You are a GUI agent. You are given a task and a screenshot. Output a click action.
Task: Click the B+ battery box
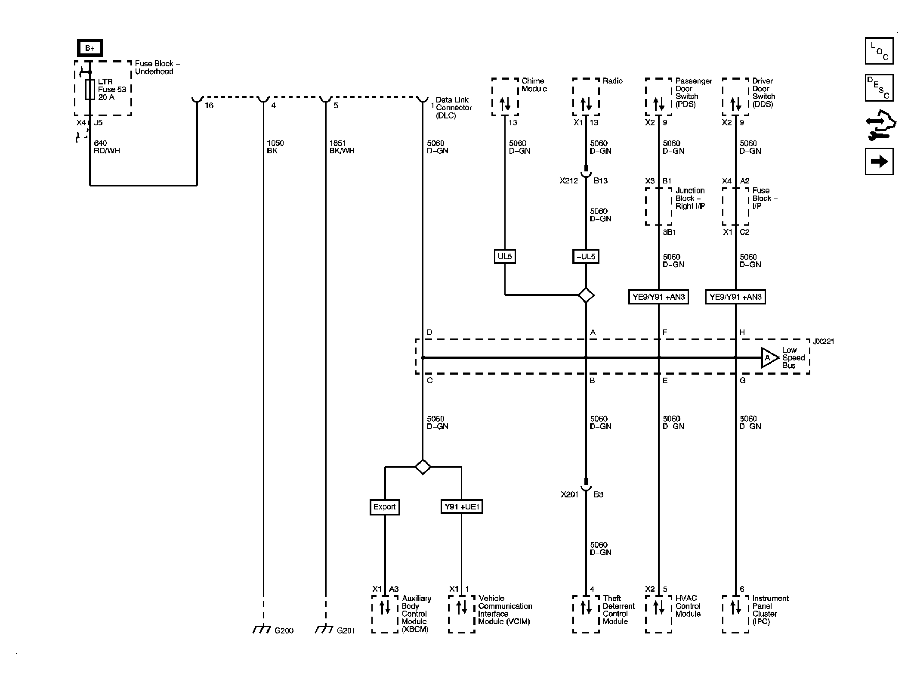point(90,48)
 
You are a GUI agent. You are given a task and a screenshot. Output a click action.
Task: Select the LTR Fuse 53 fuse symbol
point(90,90)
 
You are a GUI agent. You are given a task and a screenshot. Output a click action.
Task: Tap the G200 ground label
point(284,631)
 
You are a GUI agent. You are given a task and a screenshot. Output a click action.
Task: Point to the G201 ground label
point(346,631)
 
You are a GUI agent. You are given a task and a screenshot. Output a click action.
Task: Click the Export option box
point(385,507)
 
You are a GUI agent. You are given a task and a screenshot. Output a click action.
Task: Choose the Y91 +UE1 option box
point(462,507)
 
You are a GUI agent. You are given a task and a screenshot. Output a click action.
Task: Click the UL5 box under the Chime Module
point(505,257)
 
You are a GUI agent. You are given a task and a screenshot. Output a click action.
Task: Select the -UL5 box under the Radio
point(586,257)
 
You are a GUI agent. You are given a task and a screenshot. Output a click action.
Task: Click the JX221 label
point(823,341)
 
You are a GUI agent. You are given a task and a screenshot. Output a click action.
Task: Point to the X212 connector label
point(568,181)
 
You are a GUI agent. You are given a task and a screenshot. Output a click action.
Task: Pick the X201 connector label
point(569,495)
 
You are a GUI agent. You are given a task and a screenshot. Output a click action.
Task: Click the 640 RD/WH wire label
point(107,147)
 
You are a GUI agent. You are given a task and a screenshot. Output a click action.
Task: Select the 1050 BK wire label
point(275,147)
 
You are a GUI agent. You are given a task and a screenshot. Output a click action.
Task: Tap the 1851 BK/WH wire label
point(342,147)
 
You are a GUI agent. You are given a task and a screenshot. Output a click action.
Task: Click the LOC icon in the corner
point(879,51)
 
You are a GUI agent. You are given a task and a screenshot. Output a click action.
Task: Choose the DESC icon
point(879,88)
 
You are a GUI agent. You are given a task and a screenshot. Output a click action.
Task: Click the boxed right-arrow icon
point(879,161)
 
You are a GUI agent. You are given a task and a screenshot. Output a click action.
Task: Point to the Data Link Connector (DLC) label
point(454,108)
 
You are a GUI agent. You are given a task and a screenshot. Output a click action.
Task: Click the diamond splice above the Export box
point(423,467)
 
